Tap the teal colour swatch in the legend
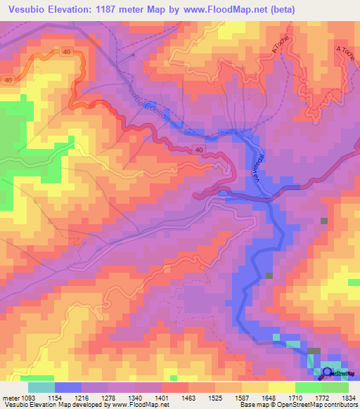coord(41,387)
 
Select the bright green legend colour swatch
coord(308,387)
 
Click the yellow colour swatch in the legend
coord(281,387)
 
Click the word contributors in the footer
coord(340,405)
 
